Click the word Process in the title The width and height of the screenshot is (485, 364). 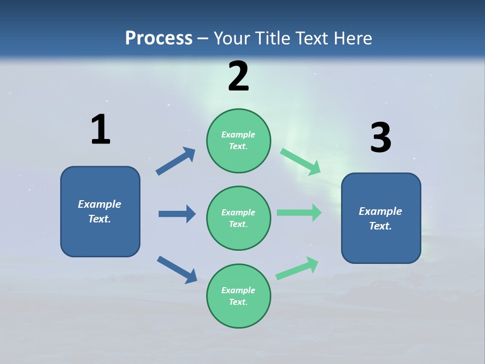159,38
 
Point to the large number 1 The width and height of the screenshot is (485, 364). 101,130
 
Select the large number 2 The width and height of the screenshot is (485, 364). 238,77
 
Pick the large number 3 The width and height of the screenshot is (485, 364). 380,138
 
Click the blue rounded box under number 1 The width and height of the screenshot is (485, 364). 100,211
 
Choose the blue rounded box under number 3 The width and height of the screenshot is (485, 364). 381,218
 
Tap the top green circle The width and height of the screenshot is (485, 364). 238,141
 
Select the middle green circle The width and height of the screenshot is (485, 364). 238,218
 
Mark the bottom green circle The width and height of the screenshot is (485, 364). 238,296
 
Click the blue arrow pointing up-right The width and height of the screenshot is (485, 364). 176,161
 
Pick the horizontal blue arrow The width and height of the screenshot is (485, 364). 177,214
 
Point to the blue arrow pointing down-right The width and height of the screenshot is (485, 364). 177,269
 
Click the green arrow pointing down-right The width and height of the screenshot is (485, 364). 301,162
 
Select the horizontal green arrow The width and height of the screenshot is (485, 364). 299,212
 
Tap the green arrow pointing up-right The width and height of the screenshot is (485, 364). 297,268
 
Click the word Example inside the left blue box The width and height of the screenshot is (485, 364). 100,204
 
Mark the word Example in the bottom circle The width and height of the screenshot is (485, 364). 238,290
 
